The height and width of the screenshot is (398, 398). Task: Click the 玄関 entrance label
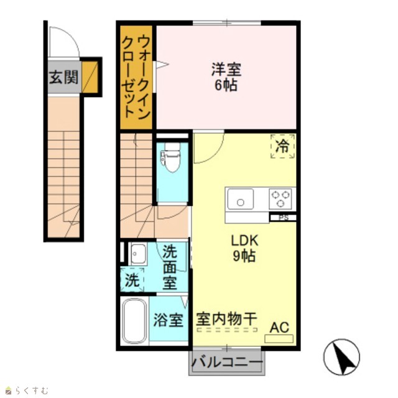coord(63,77)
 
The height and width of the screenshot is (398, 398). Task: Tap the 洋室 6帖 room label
coord(226,77)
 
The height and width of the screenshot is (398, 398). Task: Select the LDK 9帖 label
coord(244,248)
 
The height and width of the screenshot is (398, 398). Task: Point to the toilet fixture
coord(171,157)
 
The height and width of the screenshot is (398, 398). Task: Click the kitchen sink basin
coord(241,199)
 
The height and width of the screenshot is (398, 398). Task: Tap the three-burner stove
coord(280,199)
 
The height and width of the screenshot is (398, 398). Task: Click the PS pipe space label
coord(283,218)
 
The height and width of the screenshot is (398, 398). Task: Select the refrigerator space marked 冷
coord(282,146)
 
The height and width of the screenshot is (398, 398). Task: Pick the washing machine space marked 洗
coord(132,280)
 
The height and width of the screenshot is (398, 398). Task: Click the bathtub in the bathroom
coord(134,321)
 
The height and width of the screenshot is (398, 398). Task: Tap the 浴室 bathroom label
coord(168,320)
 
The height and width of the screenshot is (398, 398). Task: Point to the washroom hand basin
coord(138,254)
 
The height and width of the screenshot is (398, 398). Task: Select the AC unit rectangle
coord(279,339)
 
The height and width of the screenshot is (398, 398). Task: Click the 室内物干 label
coord(226,319)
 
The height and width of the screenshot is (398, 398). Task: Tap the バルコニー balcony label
coord(227,363)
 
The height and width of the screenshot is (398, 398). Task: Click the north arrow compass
coord(341,357)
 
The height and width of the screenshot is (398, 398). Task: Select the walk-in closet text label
coord(136,77)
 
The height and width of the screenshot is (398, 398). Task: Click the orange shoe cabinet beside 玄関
coord(90,77)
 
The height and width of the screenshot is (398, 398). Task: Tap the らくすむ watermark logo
coord(27,390)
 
